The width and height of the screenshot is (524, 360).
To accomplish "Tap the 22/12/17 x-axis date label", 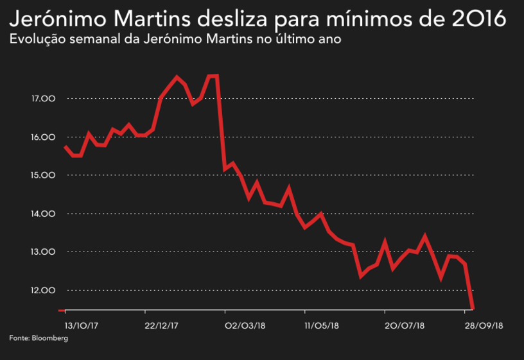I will pos(161,325).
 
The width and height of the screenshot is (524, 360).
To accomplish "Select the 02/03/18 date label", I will pos(245,325).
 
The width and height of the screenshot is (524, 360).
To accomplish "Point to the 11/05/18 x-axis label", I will pos(322,325).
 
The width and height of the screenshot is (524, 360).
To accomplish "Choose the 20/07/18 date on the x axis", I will pos(403,325).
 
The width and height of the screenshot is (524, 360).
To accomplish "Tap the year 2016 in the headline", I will pos(476,19).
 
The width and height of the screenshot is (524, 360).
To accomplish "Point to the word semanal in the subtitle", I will pos(86,39).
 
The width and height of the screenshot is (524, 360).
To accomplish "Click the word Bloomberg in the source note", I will pos(49,338).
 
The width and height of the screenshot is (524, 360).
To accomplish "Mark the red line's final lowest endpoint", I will pos(473,309).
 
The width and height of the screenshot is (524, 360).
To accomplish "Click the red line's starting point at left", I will pos(65,147).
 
